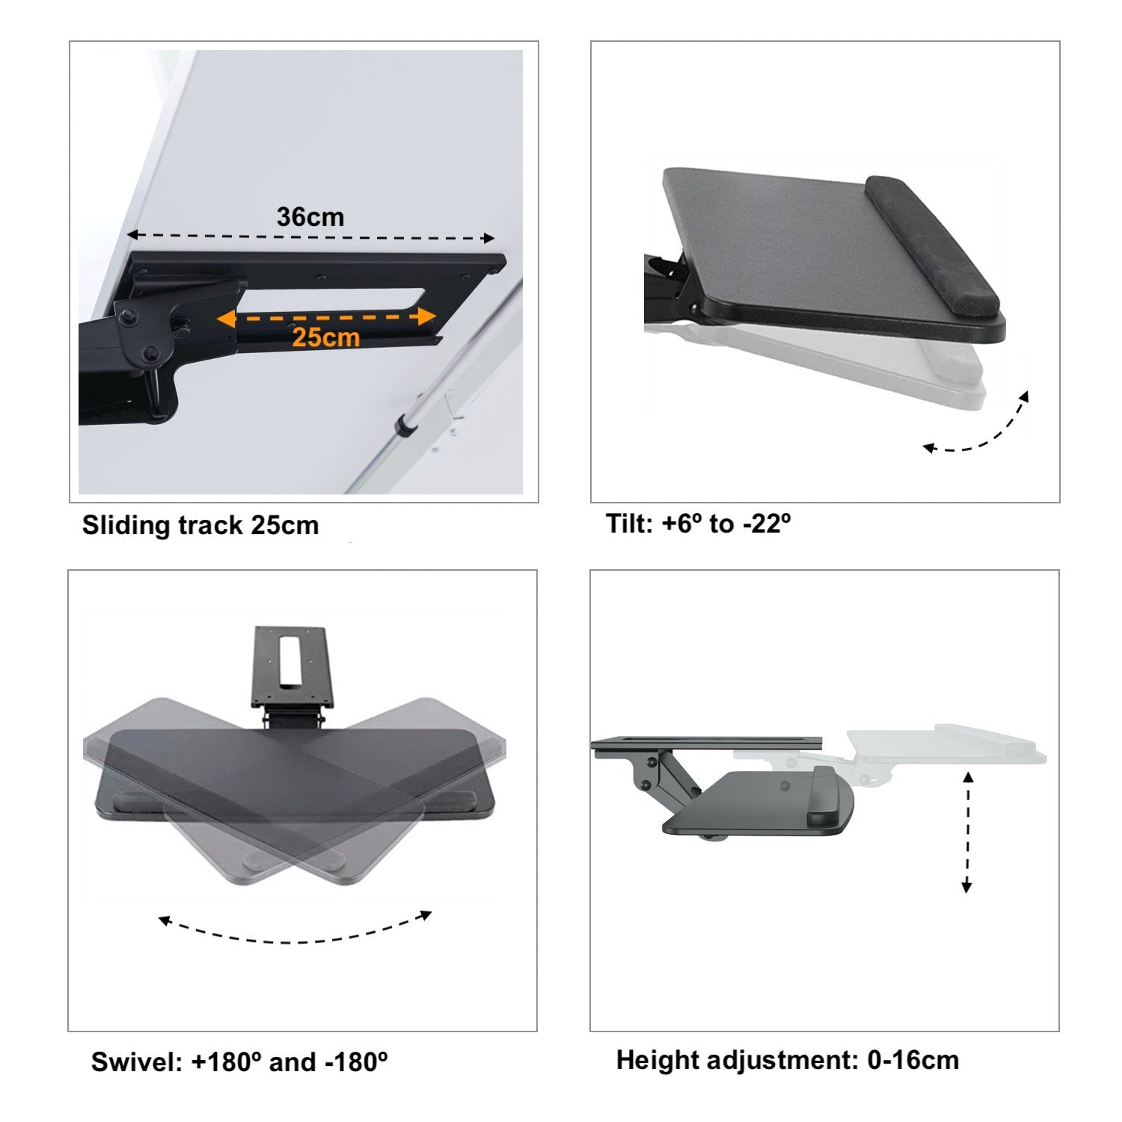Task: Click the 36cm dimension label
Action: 310,217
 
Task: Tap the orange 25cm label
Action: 326,337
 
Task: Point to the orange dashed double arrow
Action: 326,318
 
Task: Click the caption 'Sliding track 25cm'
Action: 200,525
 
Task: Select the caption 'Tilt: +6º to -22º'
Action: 699,524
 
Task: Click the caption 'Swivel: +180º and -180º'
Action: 239,1062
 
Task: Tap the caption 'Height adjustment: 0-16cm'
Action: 787,1060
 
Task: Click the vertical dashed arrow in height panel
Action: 967,832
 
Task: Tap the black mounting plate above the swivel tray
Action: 292,666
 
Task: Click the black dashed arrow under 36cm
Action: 310,237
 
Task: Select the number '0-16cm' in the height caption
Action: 913,1060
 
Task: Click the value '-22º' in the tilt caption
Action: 767,524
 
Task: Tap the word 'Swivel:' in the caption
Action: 137,1062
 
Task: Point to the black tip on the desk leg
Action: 408,426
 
